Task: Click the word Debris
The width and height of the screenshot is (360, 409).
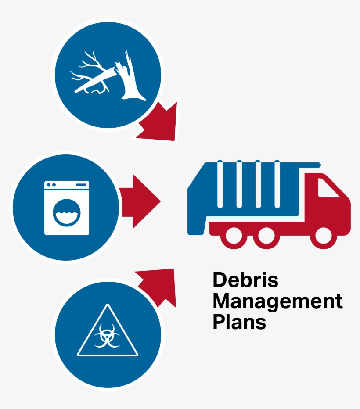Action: click(245, 280)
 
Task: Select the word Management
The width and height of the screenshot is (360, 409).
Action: click(277, 301)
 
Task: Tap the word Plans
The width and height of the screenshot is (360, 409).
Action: click(239, 322)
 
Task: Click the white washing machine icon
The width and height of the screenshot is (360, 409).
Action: click(67, 208)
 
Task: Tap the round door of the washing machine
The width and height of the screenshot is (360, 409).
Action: click(67, 212)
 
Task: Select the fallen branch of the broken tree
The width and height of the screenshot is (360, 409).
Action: click(94, 79)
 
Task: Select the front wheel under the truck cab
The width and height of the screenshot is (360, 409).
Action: click(324, 236)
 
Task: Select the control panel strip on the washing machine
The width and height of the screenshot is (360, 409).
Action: click(67, 185)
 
